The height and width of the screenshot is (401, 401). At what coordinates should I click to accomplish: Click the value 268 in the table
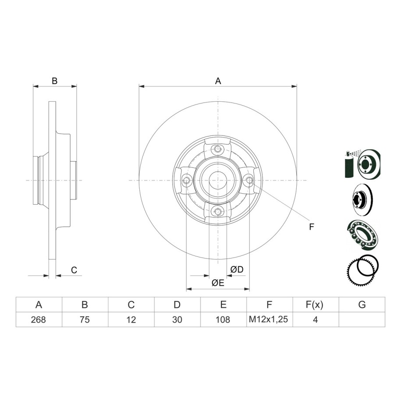[39, 319]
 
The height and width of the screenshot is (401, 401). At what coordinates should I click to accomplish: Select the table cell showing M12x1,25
[269, 319]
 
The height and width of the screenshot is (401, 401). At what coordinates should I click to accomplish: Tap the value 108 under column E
[223, 319]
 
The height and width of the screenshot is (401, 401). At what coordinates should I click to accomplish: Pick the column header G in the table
[362, 305]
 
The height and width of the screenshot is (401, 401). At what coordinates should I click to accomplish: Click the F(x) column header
[315, 305]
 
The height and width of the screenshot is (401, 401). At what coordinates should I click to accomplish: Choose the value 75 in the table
[85, 319]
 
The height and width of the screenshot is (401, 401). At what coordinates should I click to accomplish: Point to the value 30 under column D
[177, 319]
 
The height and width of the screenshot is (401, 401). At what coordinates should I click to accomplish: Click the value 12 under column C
[131, 319]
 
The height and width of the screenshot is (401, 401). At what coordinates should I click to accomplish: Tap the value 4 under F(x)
[316, 319]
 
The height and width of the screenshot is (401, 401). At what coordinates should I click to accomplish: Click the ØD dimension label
[237, 269]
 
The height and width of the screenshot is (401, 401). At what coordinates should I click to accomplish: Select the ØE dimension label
[218, 283]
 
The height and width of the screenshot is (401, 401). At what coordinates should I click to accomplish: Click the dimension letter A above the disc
[218, 81]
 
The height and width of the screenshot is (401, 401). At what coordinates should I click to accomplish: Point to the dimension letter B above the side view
[54, 81]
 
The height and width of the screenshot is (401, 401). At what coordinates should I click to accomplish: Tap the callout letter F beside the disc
[311, 227]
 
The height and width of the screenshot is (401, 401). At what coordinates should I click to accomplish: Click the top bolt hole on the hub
[218, 149]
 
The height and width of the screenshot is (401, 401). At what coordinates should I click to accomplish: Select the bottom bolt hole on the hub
[218, 211]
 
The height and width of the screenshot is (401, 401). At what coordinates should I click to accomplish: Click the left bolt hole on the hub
[187, 180]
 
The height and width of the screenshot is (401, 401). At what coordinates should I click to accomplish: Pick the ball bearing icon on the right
[362, 235]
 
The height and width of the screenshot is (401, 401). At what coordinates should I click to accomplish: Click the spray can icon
[349, 163]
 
